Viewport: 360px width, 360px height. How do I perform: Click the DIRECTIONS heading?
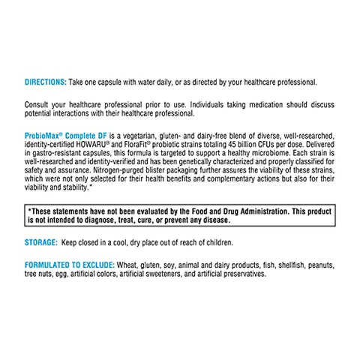coord(46,82)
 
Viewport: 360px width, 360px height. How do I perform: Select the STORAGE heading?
coord(42,243)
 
